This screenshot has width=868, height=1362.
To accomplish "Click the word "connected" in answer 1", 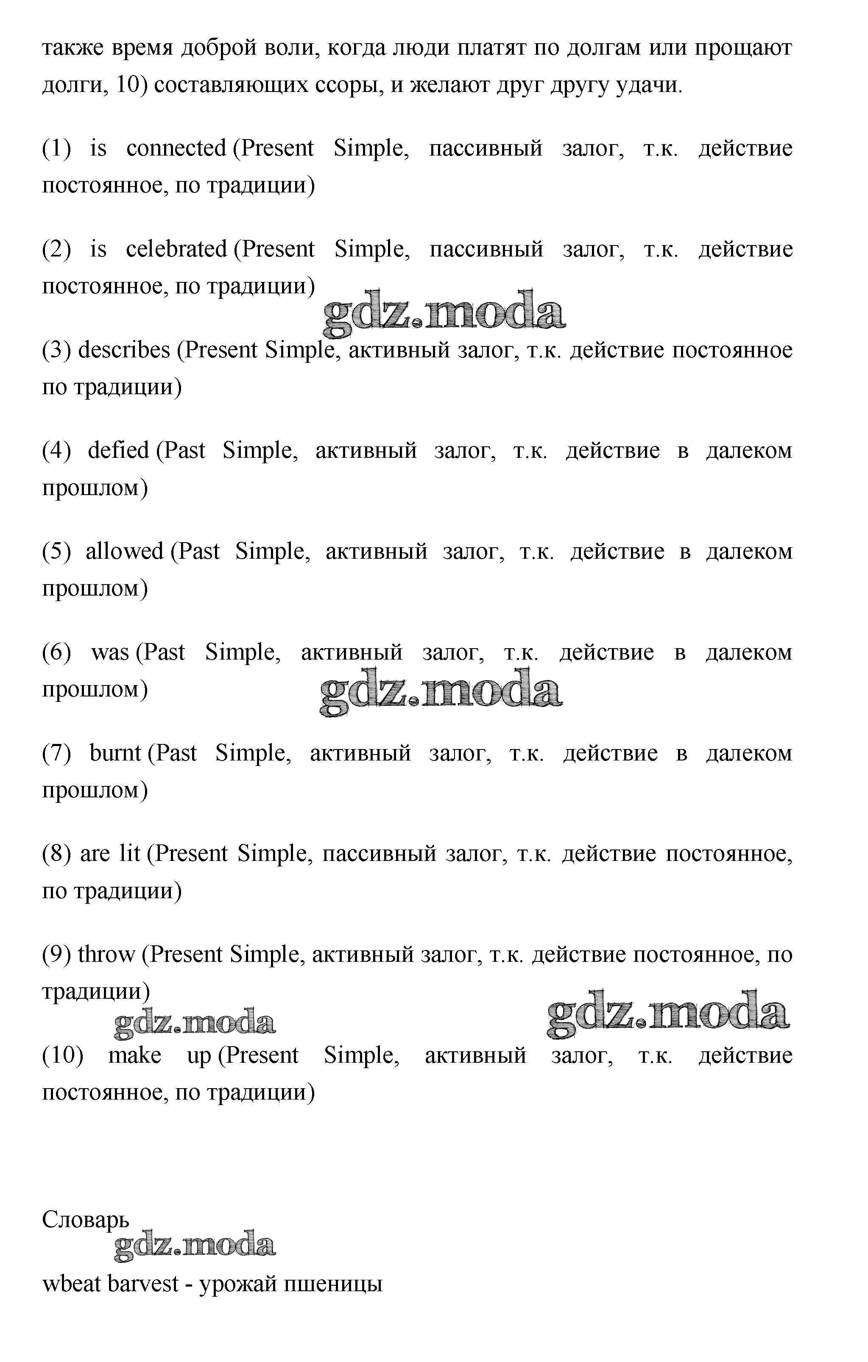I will (176, 149).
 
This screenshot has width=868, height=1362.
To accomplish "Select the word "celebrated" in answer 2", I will (176, 249).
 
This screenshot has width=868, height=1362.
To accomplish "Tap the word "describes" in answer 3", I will (124, 350).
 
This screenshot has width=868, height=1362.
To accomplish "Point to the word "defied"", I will (118, 451).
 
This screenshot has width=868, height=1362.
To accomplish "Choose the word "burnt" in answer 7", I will (115, 753).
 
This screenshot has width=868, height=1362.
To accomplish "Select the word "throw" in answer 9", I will (106, 955).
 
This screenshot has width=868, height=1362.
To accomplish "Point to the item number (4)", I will (56, 451).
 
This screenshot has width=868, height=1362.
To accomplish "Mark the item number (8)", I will (56, 853).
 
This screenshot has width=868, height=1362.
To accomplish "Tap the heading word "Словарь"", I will (85, 1220).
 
